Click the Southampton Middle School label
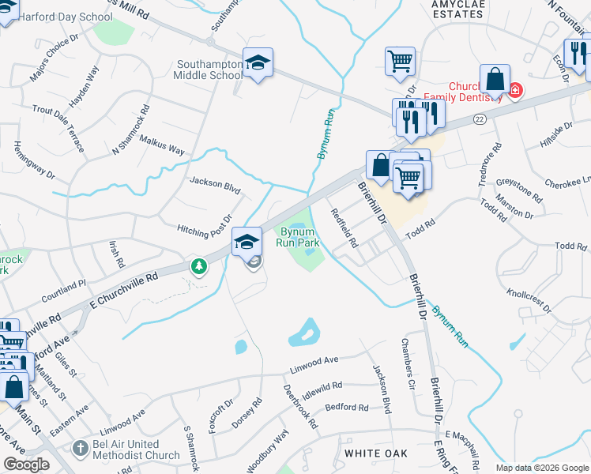209,70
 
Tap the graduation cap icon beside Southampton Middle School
257,62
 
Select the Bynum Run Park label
298,237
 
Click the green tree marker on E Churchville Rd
199,267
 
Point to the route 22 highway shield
480,118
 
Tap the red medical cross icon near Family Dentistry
515,91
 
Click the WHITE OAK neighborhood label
376,453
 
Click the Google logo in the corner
26,465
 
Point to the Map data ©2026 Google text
542,468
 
